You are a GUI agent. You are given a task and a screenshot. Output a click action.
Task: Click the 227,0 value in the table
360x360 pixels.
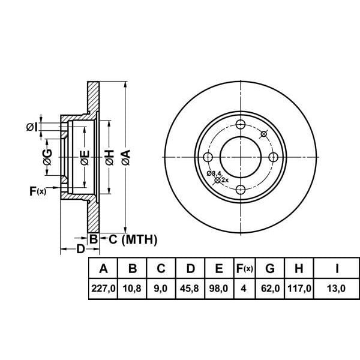pyautogui.click(x=103, y=288)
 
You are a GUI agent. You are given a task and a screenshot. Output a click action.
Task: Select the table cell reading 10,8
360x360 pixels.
pyautogui.click(x=132, y=288)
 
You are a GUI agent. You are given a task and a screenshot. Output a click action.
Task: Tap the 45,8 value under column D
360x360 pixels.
pyautogui.click(x=190, y=288)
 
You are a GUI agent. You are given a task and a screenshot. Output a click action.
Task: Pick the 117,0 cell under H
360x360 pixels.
pyautogui.click(x=299, y=288)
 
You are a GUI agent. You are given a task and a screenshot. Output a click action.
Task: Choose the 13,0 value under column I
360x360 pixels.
pyautogui.click(x=336, y=288)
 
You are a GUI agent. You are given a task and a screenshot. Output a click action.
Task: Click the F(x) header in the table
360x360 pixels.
pyautogui.click(x=245, y=268)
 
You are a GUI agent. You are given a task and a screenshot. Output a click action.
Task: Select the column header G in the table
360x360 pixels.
pyautogui.click(x=270, y=268)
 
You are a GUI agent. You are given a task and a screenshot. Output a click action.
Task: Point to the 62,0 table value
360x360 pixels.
pyautogui.click(x=270, y=288)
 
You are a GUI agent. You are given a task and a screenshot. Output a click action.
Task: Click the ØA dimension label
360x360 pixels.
pyautogui.click(x=126, y=157)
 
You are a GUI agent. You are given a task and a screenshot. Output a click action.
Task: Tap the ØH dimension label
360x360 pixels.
pyautogui.click(x=110, y=157)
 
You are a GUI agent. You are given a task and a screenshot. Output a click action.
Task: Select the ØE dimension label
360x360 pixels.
pyautogui.click(x=85, y=158)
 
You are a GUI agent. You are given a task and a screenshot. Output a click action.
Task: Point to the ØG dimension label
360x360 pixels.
pyautogui.click(x=47, y=157)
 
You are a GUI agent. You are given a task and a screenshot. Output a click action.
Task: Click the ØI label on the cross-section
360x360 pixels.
pyautogui.click(x=32, y=127)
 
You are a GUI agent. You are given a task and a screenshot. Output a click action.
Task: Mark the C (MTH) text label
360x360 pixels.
pyautogui.click(x=133, y=239)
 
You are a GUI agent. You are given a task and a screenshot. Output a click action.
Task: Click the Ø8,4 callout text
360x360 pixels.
pyautogui.click(x=214, y=173)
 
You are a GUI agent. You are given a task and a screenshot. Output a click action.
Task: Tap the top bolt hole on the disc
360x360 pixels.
pyautogui.click(x=241, y=125)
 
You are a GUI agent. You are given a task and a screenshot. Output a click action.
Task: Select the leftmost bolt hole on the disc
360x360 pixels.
pyautogui.click(x=208, y=157)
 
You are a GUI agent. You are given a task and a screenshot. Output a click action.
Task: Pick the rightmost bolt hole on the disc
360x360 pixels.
pyautogui.click(x=273, y=157)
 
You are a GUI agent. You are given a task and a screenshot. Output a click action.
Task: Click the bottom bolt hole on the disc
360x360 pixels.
pyautogui.click(x=241, y=190)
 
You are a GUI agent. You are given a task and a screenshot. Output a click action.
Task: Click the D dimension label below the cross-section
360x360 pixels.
pyautogui.click(x=80, y=249)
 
